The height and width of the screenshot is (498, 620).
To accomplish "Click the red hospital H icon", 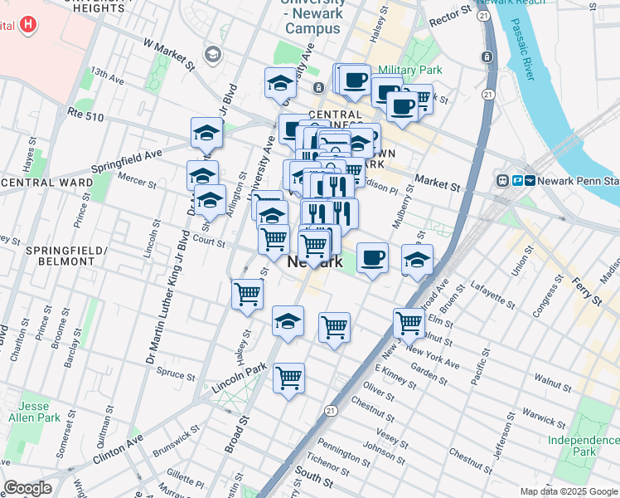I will [x=29, y=24].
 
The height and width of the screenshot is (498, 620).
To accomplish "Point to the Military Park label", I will [x=406, y=71].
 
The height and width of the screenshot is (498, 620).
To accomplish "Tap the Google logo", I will [x=27, y=488].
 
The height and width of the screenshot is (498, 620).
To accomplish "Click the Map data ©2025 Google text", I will [x=568, y=491].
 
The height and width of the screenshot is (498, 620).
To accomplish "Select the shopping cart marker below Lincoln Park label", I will [x=288, y=378].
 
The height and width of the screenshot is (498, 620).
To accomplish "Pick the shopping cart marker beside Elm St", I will [x=409, y=322].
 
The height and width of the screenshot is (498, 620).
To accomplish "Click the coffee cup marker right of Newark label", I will [x=372, y=256].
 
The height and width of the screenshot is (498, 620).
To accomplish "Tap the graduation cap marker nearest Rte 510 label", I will [x=206, y=132].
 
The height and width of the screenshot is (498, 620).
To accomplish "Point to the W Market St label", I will [x=169, y=54].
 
